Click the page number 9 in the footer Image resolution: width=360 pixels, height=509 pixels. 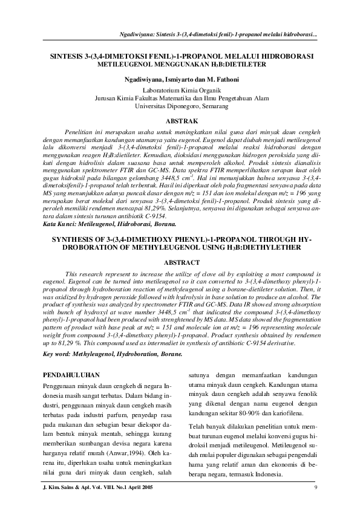pos(316,488)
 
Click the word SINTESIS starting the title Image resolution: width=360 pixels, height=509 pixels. pos(68,56)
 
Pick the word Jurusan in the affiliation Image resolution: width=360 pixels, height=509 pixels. pos(106,97)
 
